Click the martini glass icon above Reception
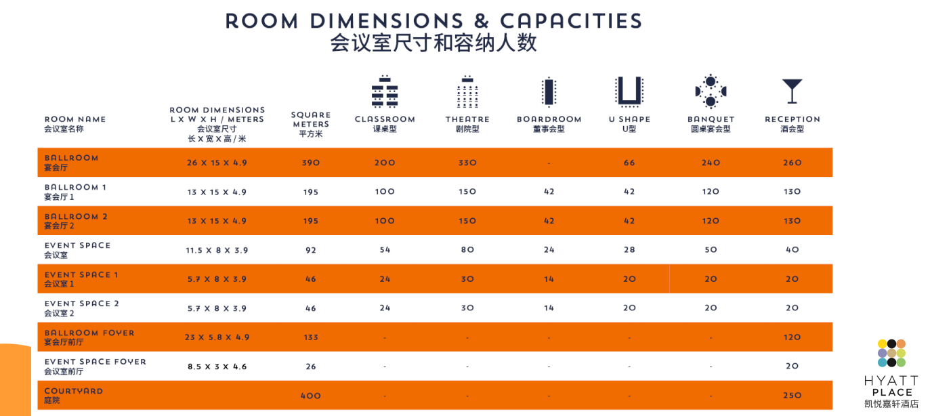792,91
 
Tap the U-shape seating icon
629,91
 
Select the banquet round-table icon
711,91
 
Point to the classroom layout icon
385,92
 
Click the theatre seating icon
467,92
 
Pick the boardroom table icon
549,92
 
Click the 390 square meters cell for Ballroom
311,163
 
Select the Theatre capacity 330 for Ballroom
467,163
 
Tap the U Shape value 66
629,163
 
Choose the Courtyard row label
74,395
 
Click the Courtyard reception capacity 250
792,396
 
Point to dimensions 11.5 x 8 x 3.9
217,250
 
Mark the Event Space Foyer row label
95,366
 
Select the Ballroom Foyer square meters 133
311,337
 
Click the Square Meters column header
311,124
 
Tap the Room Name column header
75,123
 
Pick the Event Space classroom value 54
385,250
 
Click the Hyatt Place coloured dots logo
891,353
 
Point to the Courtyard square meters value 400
311,396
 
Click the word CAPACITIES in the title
571,20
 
